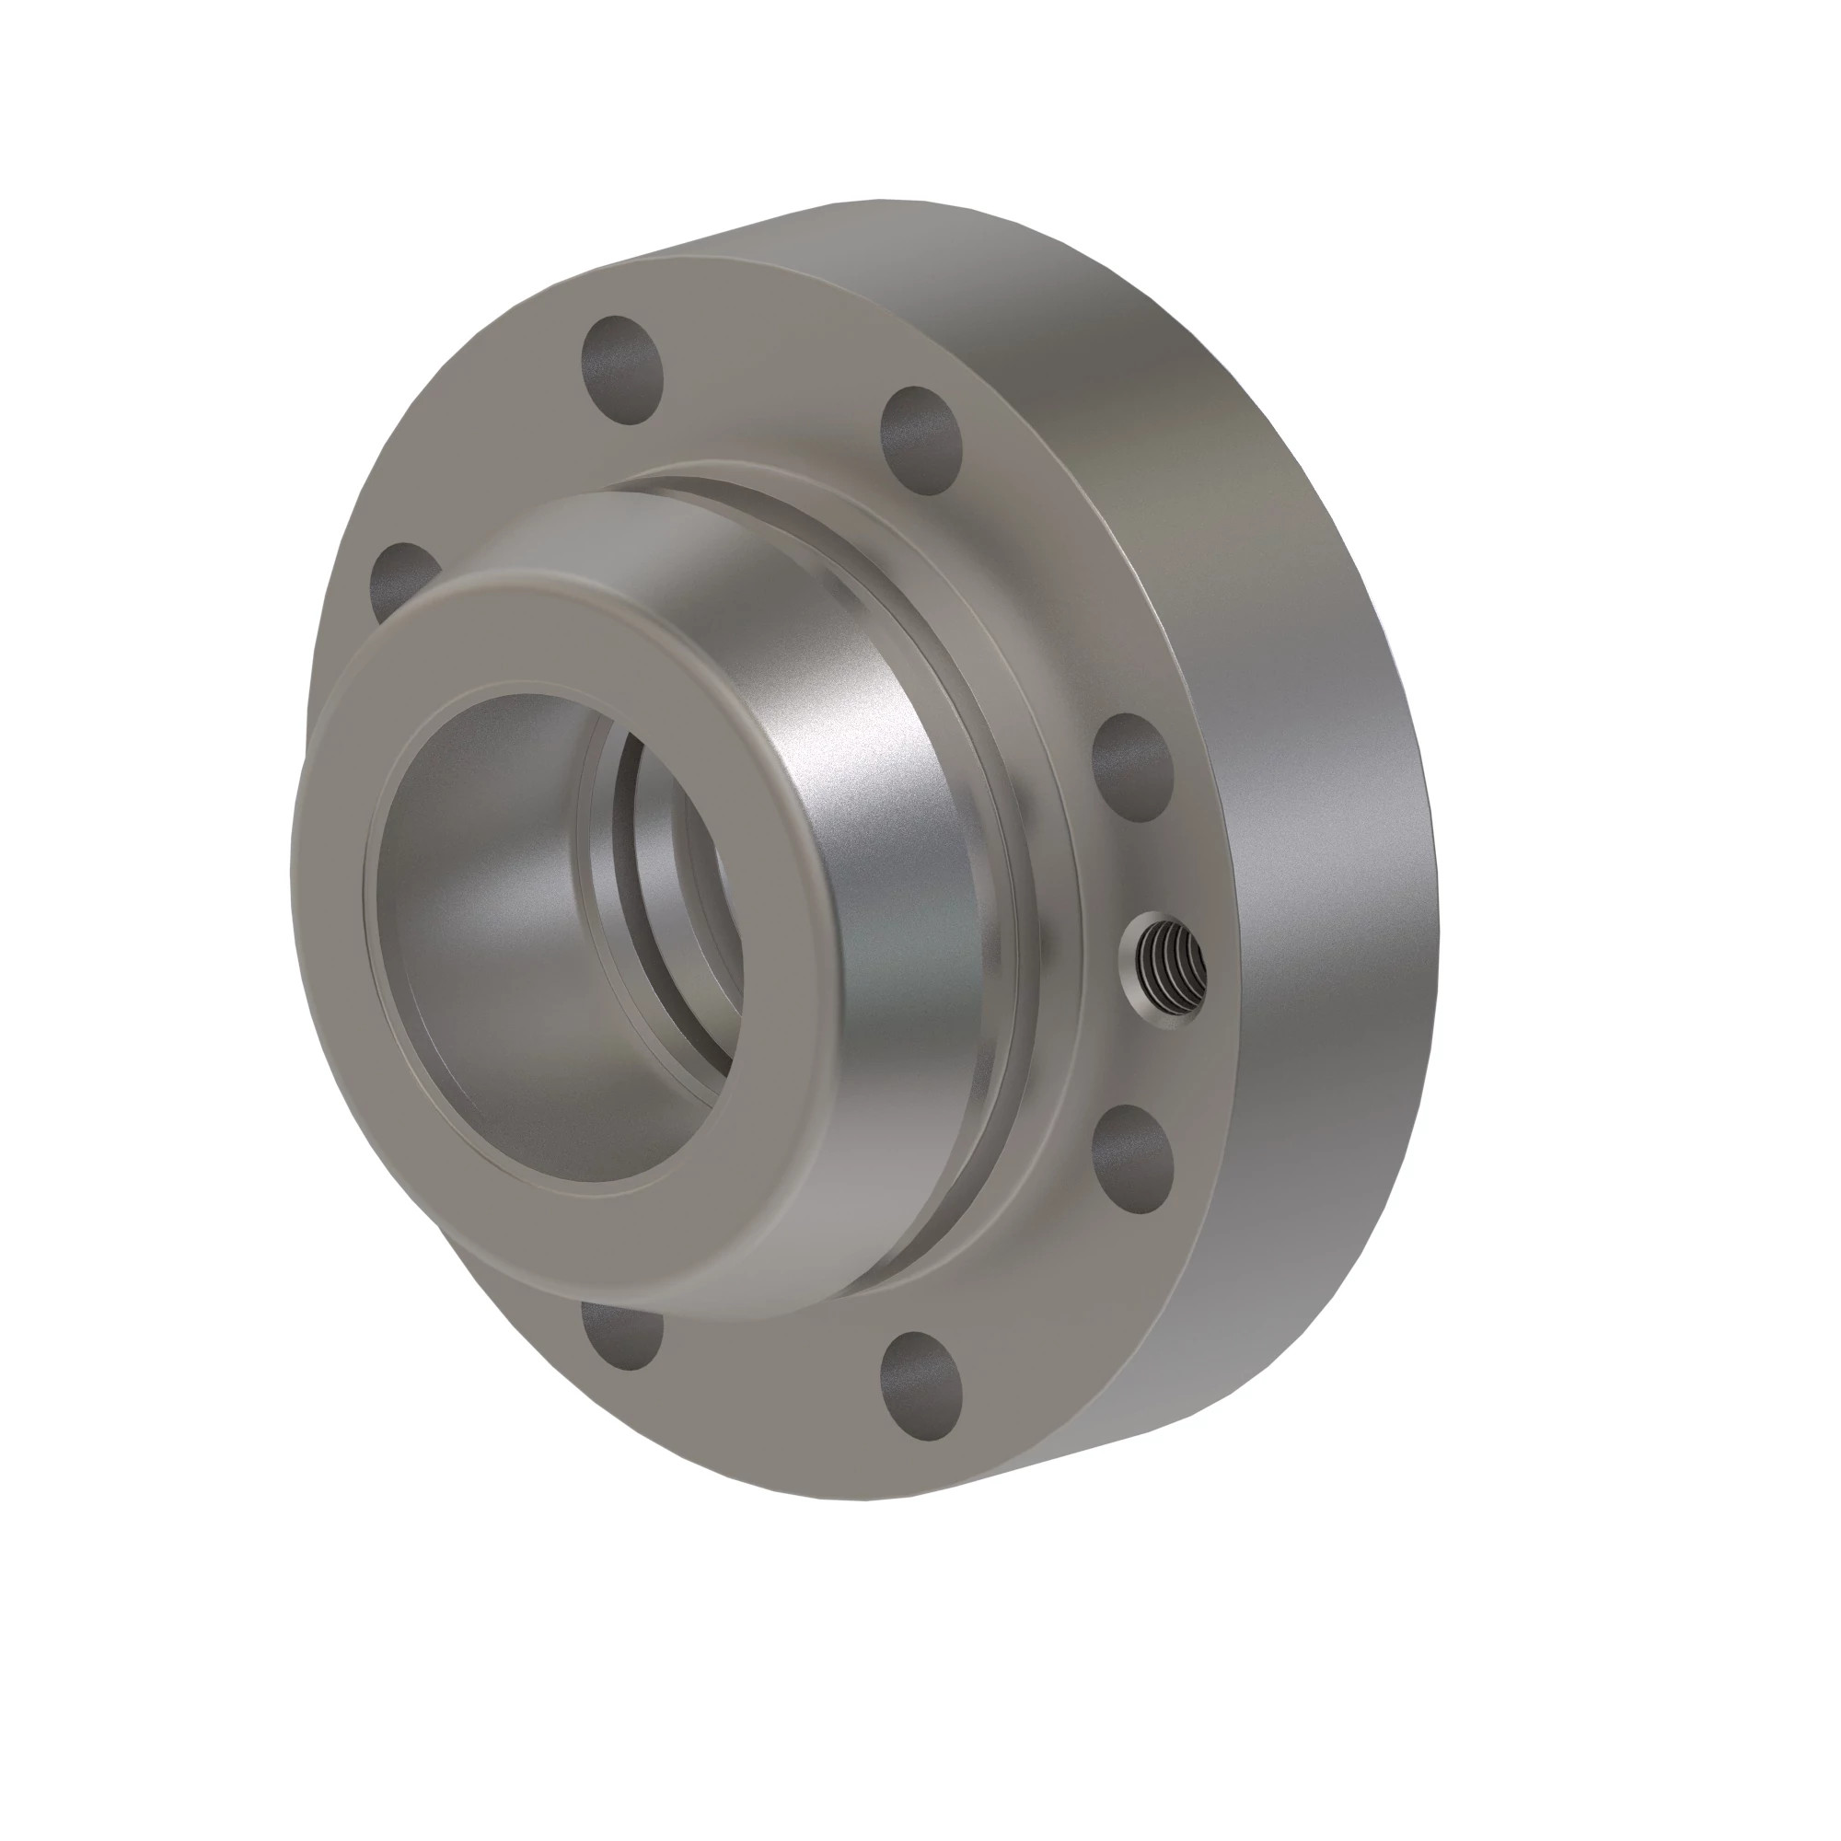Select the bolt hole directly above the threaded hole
(x=1134, y=768)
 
